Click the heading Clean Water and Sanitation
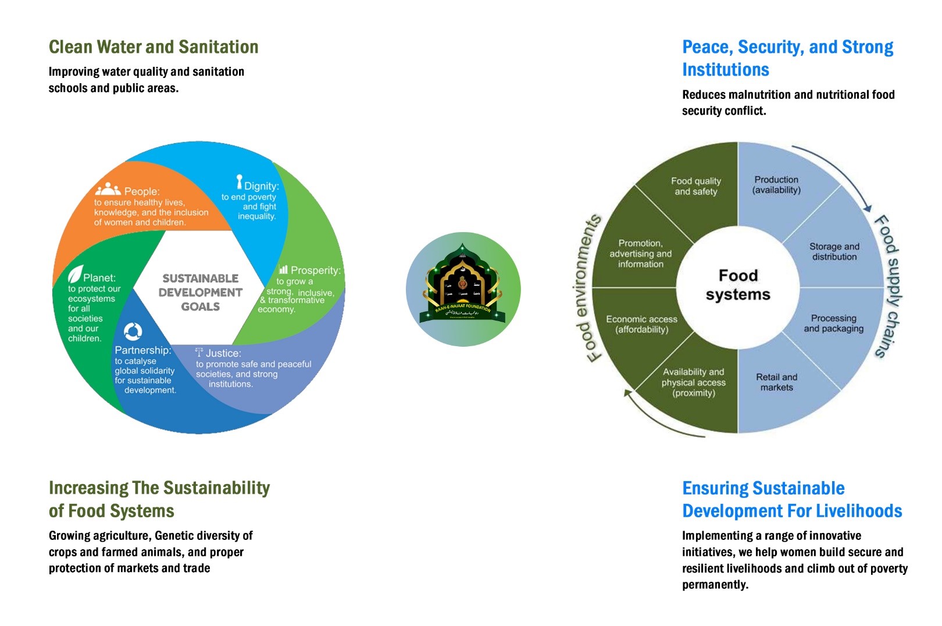(x=154, y=47)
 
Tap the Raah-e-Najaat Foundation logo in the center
(x=463, y=289)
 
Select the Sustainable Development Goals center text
(x=200, y=292)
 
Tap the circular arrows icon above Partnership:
(x=133, y=331)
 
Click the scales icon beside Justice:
(x=199, y=351)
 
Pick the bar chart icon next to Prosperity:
(x=283, y=269)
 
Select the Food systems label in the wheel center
(x=738, y=284)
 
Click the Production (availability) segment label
(x=776, y=185)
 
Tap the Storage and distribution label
(x=834, y=251)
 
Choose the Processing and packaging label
(x=833, y=323)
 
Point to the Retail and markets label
(x=776, y=382)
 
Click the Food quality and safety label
(x=695, y=186)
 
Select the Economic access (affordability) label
(x=641, y=324)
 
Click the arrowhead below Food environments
(x=628, y=393)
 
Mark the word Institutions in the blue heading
(x=725, y=70)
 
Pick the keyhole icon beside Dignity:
(x=239, y=182)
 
